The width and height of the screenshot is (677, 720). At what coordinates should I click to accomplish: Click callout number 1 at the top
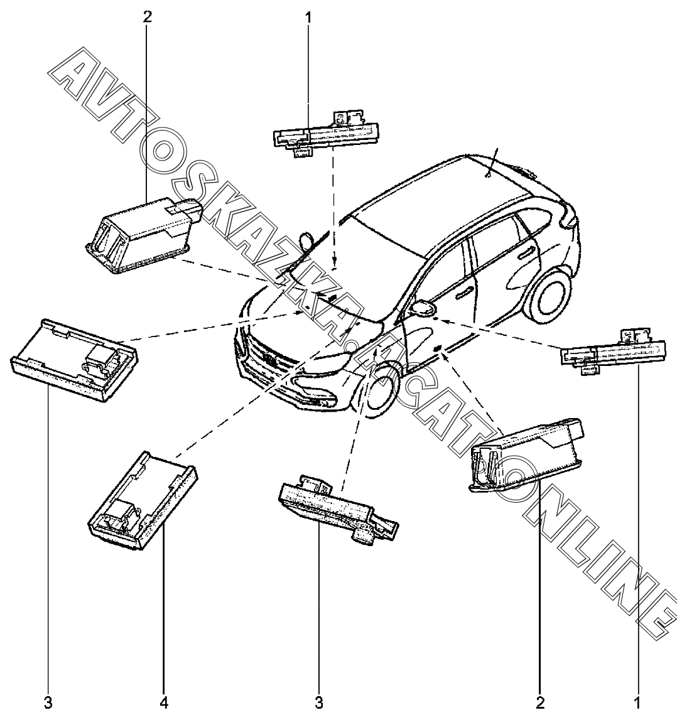[x=308, y=16]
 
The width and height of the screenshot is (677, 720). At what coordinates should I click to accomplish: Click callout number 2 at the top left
[x=147, y=16]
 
